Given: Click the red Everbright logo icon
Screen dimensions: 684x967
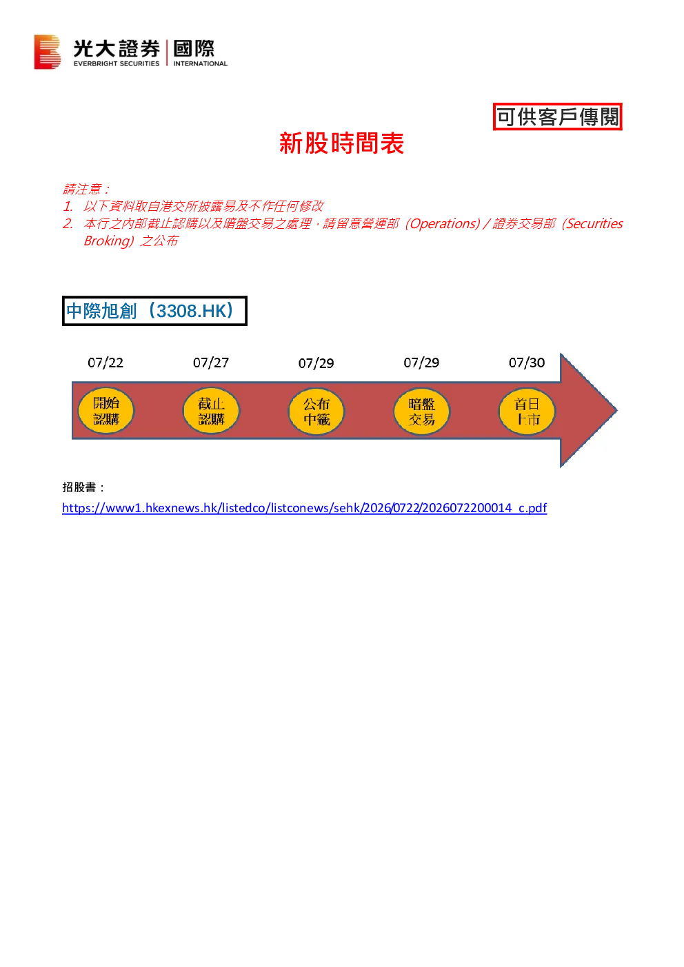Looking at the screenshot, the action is coord(47,52).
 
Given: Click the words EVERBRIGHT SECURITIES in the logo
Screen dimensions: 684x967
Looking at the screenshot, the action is coord(116,63).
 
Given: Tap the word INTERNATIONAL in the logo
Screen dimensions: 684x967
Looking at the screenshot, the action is coord(201,63).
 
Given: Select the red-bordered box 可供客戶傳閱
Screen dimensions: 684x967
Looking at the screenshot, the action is coord(558,116).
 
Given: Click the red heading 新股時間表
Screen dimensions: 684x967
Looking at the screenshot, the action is coord(341,143).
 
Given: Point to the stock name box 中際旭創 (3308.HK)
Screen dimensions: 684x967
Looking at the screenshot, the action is coord(154,311).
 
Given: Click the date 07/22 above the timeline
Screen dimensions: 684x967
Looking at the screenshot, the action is coord(105,363).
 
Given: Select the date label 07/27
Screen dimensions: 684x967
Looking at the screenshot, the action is coord(211,363).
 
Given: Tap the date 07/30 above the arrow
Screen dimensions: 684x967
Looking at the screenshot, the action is coord(526,363).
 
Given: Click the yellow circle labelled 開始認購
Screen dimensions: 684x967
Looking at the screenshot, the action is coord(105,411).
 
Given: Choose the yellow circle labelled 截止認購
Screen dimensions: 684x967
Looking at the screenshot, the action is coord(211,411).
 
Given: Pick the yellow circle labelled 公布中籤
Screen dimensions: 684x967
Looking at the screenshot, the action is coord(316,411).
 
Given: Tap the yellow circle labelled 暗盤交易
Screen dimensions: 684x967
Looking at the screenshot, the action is coord(421,411).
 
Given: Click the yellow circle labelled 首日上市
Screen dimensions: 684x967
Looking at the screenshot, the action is coord(527,411).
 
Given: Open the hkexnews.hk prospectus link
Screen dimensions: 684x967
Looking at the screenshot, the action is coord(305,508).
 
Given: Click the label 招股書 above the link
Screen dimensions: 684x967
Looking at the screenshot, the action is coord(79,487).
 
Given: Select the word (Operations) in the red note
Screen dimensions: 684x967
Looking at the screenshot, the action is coord(443,223).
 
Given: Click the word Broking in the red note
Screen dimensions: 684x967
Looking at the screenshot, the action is coord(107,241).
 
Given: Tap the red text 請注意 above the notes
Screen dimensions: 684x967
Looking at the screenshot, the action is coord(82,189).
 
